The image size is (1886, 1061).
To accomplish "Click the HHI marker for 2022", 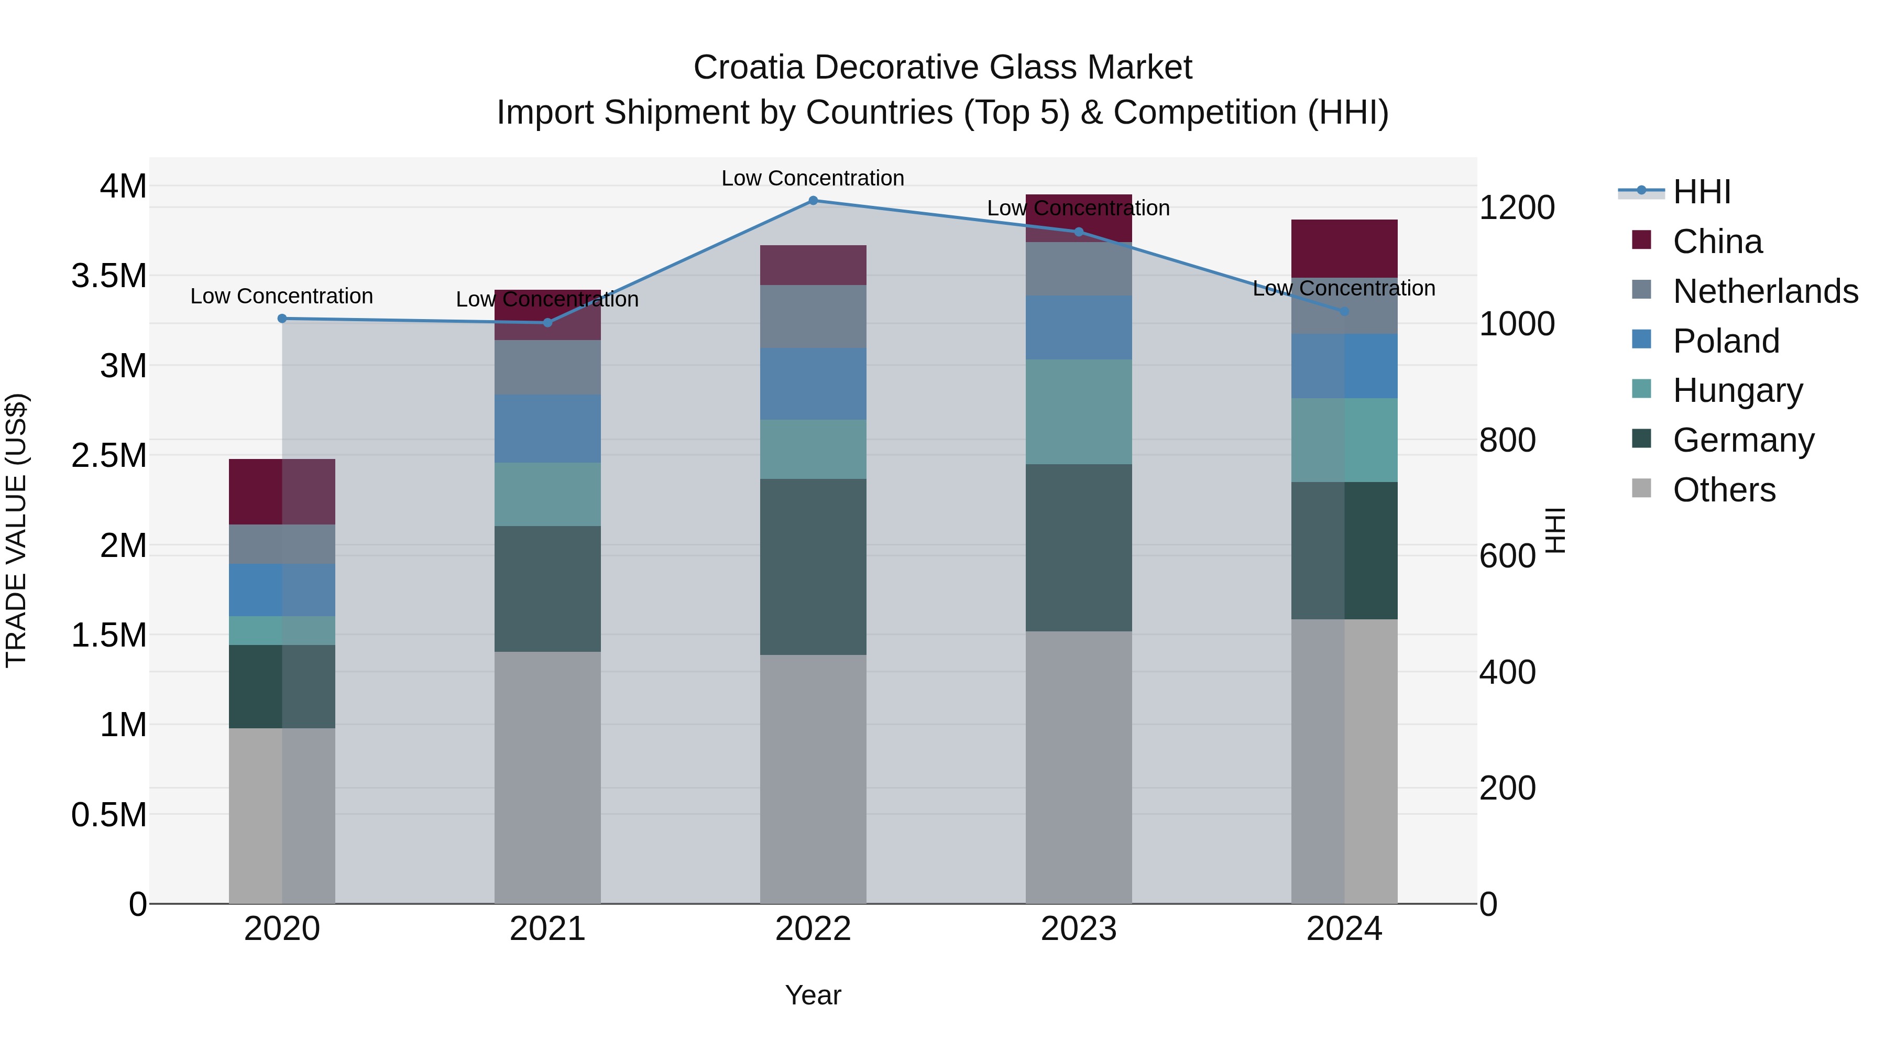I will [813, 200].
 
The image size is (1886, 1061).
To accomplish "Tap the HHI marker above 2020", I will [282, 319].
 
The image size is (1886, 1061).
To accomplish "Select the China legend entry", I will [1717, 242].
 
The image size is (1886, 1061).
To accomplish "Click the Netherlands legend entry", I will [1764, 291].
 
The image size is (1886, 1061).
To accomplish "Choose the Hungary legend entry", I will [1737, 390].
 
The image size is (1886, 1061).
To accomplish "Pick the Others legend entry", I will [1724, 490].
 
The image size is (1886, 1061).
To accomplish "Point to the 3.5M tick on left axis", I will [108, 276].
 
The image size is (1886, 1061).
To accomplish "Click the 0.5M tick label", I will [108, 815].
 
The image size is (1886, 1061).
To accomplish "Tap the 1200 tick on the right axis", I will [1516, 208].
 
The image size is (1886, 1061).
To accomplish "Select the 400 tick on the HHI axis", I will [1507, 672].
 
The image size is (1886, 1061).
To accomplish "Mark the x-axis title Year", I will [813, 995].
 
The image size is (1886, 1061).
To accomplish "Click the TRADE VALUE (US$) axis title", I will [16, 530].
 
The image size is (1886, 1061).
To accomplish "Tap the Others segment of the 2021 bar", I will [547, 777].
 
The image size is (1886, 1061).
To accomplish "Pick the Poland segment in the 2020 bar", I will [282, 589].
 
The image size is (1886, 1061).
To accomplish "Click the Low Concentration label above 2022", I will [813, 178].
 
